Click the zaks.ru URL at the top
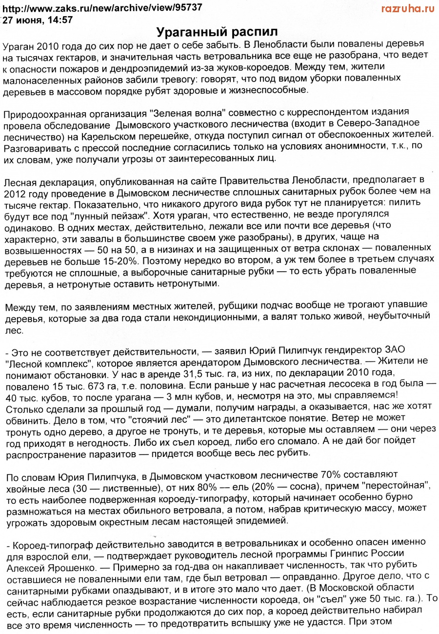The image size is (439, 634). point(102,8)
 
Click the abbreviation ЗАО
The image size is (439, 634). point(396,351)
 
